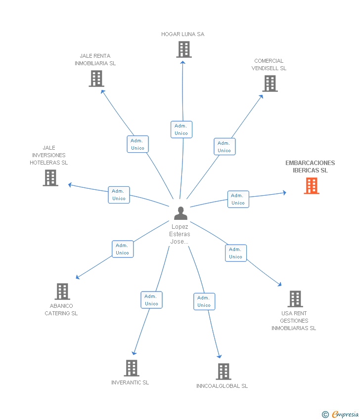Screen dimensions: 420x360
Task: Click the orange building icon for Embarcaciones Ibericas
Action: pos(311,186)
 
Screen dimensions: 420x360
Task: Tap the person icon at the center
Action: pos(181,213)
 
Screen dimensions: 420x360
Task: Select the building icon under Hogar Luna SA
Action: pos(184,49)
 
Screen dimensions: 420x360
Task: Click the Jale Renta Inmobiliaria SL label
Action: pos(95,60)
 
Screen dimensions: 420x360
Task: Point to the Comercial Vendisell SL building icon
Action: pos(270,84)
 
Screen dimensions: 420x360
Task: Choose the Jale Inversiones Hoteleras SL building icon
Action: pos(50,178)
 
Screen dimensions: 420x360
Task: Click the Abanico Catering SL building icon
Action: pos(62,292)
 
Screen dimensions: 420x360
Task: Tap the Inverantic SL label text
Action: pos(130,382)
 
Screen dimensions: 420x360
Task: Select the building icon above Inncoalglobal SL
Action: pos(224,372)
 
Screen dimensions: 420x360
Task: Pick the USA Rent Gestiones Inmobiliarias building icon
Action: pos(295,299)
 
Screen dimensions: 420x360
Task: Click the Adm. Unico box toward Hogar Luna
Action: pos(181,129)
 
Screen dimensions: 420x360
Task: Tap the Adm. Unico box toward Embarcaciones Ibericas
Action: pos(238,199)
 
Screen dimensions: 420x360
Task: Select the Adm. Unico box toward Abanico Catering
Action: pos(122,249)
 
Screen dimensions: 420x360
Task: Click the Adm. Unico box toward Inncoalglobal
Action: pos(204,301)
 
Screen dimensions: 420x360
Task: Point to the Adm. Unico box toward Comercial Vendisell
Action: pos(225,147)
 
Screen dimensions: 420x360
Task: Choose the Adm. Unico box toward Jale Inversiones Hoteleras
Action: pos(119,195)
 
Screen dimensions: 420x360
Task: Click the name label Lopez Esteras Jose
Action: pos(180,234)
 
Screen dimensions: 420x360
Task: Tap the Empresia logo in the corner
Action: pos(340,415)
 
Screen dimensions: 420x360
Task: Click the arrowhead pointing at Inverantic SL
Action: pos(134,353)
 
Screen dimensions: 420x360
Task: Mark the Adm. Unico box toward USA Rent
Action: pos(235,253)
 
